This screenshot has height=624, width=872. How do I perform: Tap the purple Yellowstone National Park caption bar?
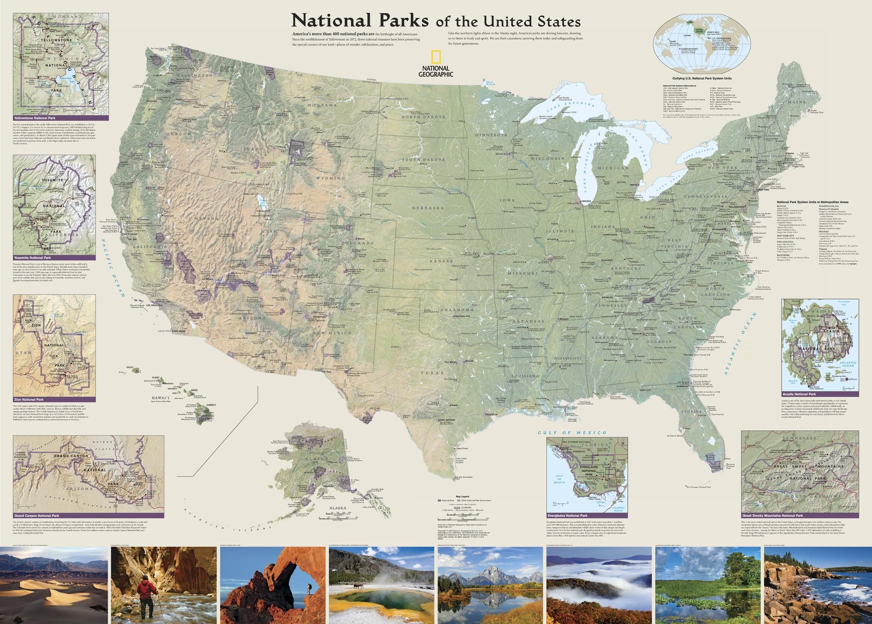point(61,117)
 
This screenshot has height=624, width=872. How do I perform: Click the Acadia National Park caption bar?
point(820,394)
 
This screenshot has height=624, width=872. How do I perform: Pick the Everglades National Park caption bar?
point(587,515)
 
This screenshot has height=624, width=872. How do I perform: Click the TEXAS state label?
point(432,373)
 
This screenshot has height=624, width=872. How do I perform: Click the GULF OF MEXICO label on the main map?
point(572,433)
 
